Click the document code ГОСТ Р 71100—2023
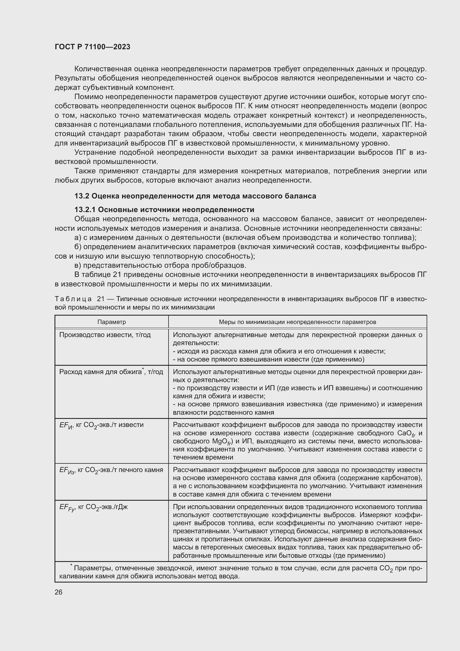click(92, 47)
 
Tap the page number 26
click(59, 592)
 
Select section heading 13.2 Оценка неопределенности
click(195, 196)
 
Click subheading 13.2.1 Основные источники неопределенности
click(164, 210)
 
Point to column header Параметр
click(112, 322)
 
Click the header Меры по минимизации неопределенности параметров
click(297, 322)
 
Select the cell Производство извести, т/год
click(105, 335)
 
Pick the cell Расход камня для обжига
click(111, 372)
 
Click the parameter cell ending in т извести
click(102, 425)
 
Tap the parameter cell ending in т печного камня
click(111, 470)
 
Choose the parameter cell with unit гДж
click(93, 507)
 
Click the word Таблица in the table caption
click(73, 299)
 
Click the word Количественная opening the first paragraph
click(102, 69)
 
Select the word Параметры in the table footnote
click(92, 569)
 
